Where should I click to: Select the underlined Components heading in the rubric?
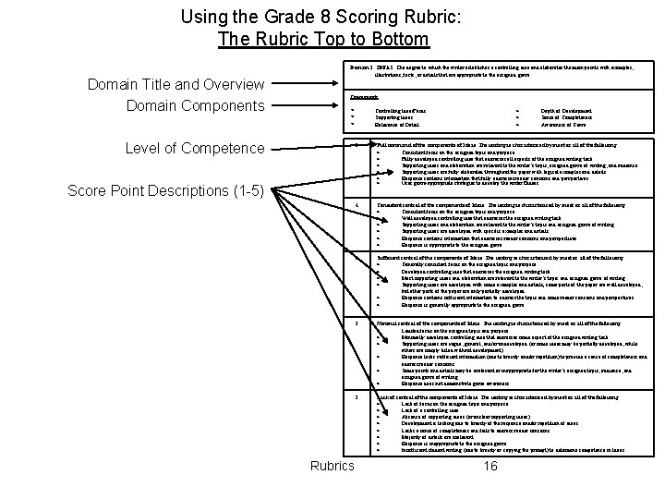coord(367,96)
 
